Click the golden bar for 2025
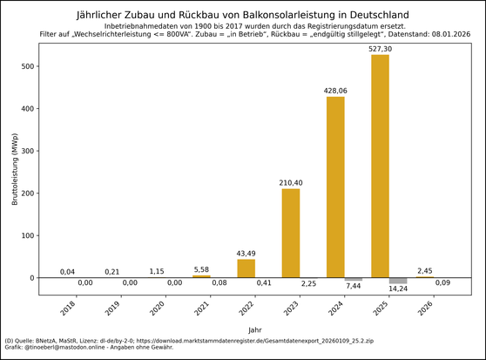click(x=380, y=166)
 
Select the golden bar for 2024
click(x=335, y=187)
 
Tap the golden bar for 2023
click(x=290, y=233)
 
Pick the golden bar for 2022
click(x=246, y=268)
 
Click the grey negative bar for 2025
click(x=398, y=281)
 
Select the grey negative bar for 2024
click(x=354, y=279)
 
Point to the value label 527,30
click(x=380, y=49)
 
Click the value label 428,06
click(x=335, y=91)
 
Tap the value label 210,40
click(x=290, y=183)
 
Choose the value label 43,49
click(x=246, y=254)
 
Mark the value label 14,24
click(x=398, y=289)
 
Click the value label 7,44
click(x=354, y=286)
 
